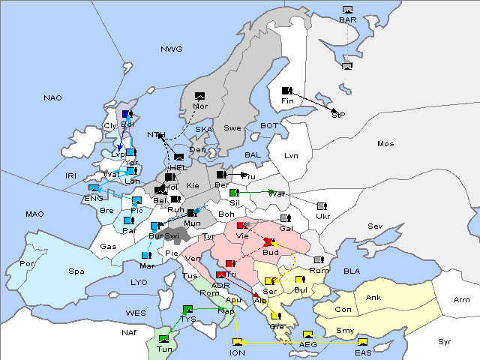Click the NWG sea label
(x=171, y=49)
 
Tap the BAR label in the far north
(x=347, y=19)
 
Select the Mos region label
(x=385, y=143)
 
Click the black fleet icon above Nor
(x=199, y=96)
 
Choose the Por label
(x=27, y=264)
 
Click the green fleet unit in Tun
(x=163, y=339)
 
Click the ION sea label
(x=237, y=352)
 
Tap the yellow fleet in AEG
(x=307, y=334)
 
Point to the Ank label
(x=373, y=297)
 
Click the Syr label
(x=445, y=341)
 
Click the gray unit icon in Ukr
(x=322, y=206)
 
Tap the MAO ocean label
(x=34, y=214)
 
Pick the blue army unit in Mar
(x=146, y=256)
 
